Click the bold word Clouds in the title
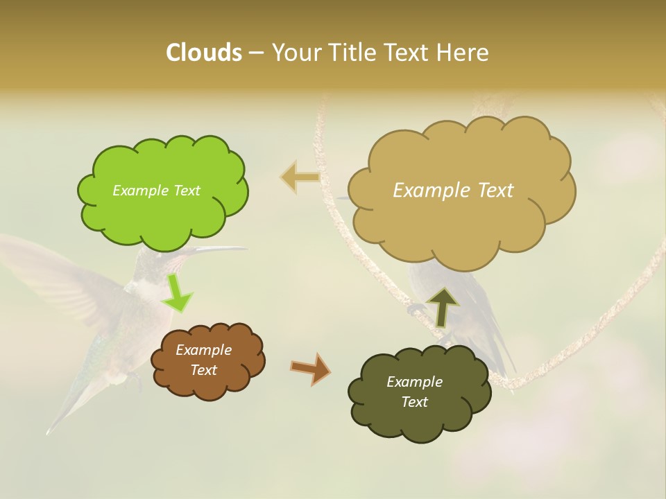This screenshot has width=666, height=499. click(x=203, y=53)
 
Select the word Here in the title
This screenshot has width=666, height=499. click(x=464, y=53)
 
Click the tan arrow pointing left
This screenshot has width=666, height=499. click(x=300, y=177)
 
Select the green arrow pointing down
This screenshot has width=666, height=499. click(x=176, y=295)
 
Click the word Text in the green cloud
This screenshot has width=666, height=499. click(x=185, y=191)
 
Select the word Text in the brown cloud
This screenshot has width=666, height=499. click(x=203, y=370)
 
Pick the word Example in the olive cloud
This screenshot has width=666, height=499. click(x=414, y=382)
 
